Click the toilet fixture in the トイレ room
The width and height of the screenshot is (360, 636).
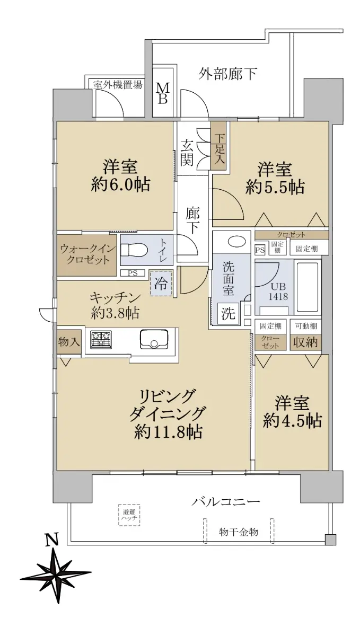[x=134, y=250]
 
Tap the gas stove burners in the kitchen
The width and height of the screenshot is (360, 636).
[x=101, y=340]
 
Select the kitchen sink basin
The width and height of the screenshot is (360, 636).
[x=153, y=339]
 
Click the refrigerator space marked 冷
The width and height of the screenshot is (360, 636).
[x=161, y=283]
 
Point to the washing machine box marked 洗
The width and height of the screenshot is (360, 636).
[x=228, y=313]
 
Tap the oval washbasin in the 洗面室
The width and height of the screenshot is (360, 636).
[x=236, y=242]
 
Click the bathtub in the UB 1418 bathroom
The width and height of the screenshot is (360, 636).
[x=307, y=287]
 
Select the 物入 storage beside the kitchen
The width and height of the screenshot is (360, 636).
[x=69, y=341]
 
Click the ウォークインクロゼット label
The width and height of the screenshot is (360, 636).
[x=86, y=254]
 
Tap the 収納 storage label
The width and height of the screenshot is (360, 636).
[x=305, y=342]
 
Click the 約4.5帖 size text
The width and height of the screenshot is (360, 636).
[x=292, y=420]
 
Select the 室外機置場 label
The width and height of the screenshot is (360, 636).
[x=118, y=84]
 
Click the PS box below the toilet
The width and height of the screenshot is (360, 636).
[x=133, y=273]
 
